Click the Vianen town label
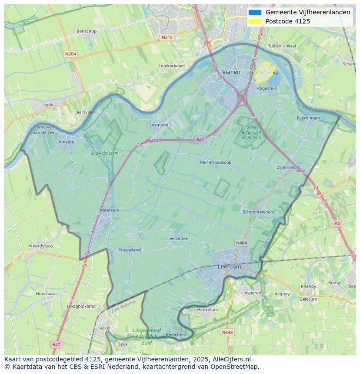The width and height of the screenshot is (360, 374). click(231, 72)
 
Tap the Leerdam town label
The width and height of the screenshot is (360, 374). click(229, 267)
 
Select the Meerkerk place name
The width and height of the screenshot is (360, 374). click(110, 210)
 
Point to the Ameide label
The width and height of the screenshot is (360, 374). click(66, 142)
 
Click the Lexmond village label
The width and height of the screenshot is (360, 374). click(159, 125)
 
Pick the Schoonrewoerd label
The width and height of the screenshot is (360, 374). click(259, 212)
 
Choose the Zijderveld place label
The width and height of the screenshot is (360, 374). click(287, 167)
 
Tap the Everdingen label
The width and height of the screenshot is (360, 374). click(308, 118)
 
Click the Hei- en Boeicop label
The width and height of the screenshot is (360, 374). click(215, 162)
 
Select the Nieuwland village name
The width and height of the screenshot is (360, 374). click(130, 250)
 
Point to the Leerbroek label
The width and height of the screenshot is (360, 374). click(177, 238)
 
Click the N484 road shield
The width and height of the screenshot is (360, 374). click(241, 243)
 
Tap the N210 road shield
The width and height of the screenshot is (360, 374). click(167, 37)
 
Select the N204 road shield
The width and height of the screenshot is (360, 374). click(70, 54)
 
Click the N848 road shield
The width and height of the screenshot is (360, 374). click(227, 332)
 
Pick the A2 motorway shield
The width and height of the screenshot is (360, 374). click(337, 223)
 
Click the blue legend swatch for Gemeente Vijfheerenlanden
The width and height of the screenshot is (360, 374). click(255, 13)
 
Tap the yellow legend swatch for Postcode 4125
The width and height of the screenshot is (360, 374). click(255, 21)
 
